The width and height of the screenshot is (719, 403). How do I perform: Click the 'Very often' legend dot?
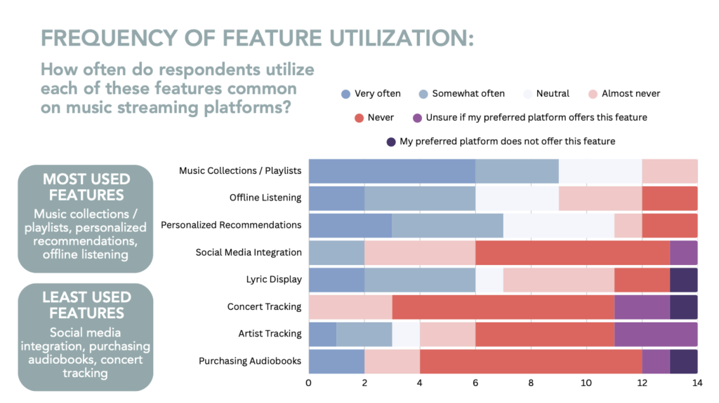pyautogui.click(x=344, y=93)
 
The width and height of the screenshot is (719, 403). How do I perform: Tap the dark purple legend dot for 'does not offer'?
pyautogui.click(x=390, y=142)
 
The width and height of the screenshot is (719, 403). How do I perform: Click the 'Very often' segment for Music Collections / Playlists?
pyautogui.click(x=392, y=171)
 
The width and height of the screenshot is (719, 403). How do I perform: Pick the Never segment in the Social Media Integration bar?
pyautogui.click(x=572, y=252)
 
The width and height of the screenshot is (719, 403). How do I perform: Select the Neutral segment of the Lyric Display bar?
pyautogui.click(x=489, y=279)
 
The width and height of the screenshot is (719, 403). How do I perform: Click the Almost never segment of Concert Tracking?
pyautogui.click(x=350, y=306)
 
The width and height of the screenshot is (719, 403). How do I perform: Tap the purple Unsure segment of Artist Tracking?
pyautogui.click(x=655, y=334)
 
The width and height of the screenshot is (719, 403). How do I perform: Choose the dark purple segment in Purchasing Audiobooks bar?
pyautogui.click(x=683, y=361)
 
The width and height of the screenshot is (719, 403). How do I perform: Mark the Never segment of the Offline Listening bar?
pyautogui.click(x=669, y=198)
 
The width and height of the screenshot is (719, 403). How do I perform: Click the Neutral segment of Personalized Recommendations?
pyautogui.click(x=558, y=225)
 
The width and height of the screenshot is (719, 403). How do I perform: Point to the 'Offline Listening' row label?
pyautogui.click(x=265, y=198)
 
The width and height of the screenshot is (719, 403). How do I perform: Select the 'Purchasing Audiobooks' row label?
pyautogui.click(x=250, y=361)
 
